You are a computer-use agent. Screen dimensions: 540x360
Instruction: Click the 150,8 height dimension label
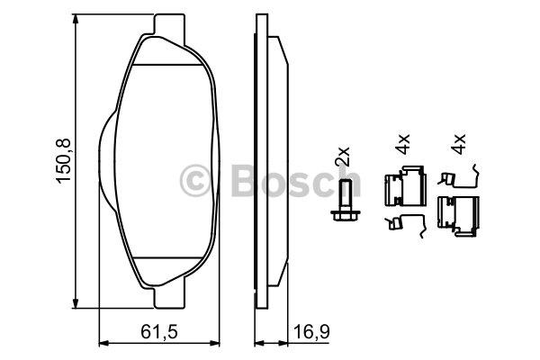click(x=63, y=161)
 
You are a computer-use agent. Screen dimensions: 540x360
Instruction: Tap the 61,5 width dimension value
click(x=158, y=332)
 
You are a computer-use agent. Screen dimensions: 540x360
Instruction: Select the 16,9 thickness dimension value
click(x=311, y=332)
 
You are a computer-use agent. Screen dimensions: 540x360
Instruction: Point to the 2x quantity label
click(x=343, y=157)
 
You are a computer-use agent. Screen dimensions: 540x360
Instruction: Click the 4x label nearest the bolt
click(x=402, y=144)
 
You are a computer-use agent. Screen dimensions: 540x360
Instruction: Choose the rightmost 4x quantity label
click(x=458, y=144)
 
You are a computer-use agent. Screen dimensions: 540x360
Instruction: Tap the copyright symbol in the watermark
click(x=195, y=181)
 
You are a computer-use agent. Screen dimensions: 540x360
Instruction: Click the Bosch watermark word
click(x=296, y=180)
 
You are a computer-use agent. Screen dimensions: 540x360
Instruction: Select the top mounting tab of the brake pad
click(x=169, y=25)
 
